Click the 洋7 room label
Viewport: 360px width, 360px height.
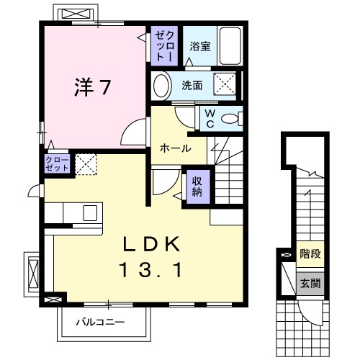pyautogui.click(x=93, y=87)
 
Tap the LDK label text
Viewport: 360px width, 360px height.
pyautogui.click(x=152, y=244)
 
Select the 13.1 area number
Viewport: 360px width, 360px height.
pyautogui.click(x=151, y=270)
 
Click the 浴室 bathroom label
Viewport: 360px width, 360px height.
pyautogui.click(x=200, y=46)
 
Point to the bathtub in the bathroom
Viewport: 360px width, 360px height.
pyautogui.click(x=230, y=46)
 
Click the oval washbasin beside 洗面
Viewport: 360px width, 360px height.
pyautogui.click(x=161, y=86)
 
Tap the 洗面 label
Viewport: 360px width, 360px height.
pyautogui.click(x=192, y=86)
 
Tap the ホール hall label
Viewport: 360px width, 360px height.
pyautogui.click(x=176, y=148)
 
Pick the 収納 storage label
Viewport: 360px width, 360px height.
pyautogui.click(x=197, y=186)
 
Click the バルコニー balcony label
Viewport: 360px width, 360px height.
pyautogui.click(x=100, y=322)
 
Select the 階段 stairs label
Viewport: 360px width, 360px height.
pyautogui.click(x=310, y=253)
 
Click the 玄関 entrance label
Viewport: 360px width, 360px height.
pyautogui.click(x=310, y=283)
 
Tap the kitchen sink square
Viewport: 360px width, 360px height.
pyautogui.click(x=90, y=213)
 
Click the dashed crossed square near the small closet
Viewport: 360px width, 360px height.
pyautogui.click(x=86, y=164)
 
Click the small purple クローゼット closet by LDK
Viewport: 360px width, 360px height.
pyautogui.click(x=57, y=163)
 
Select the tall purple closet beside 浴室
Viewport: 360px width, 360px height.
pyautogui.click(x=164, y=45)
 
